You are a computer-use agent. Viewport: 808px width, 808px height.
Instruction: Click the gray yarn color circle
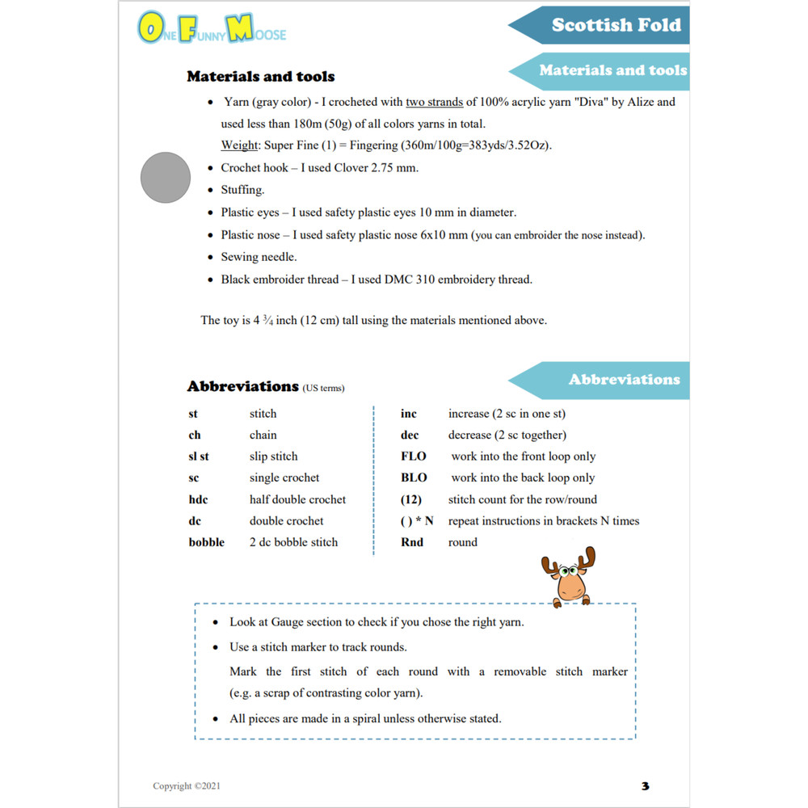pos(165,177)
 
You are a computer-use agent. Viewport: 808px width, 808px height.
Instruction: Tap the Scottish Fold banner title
pos(616,25)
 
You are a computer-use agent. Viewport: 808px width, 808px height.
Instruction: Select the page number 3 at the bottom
pos(645,785)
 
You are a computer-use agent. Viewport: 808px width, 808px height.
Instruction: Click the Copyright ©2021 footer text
pos(187,786)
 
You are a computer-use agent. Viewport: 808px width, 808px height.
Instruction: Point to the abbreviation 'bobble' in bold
pos(207,542)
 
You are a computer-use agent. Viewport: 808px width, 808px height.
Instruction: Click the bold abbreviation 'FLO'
pos(414,457)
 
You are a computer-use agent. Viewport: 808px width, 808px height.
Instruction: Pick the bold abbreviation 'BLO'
pos(414,478)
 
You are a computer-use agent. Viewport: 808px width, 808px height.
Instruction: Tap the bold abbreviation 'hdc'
pos(198,499)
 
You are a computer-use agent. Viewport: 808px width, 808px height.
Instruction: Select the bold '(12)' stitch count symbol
pos(411,499)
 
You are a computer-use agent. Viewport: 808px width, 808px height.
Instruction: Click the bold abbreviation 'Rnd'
pos(412,542)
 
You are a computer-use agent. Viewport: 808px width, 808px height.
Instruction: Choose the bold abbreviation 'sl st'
pos(199,457)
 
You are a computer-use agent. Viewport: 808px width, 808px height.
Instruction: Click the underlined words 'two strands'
pos(435,103)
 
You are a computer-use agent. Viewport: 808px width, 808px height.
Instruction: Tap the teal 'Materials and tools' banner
pos(612,70)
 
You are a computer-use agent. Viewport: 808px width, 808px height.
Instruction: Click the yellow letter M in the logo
pos(240,28)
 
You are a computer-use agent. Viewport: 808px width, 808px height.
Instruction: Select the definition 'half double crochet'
pos(297,499)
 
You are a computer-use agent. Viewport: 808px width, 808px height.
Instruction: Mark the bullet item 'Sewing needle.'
pos(259,257)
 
